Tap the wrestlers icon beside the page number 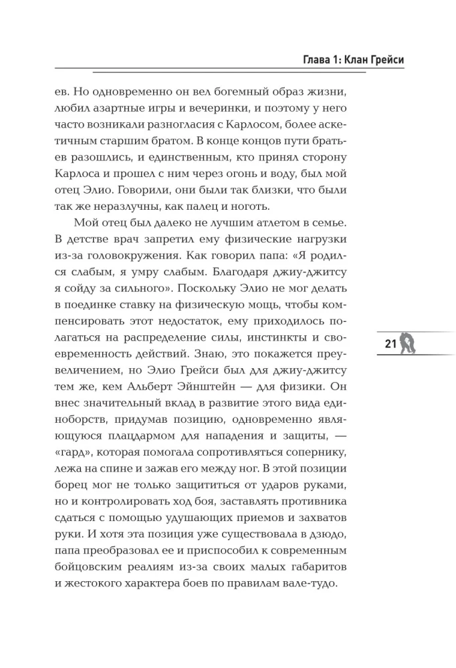[x=409, y=343]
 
